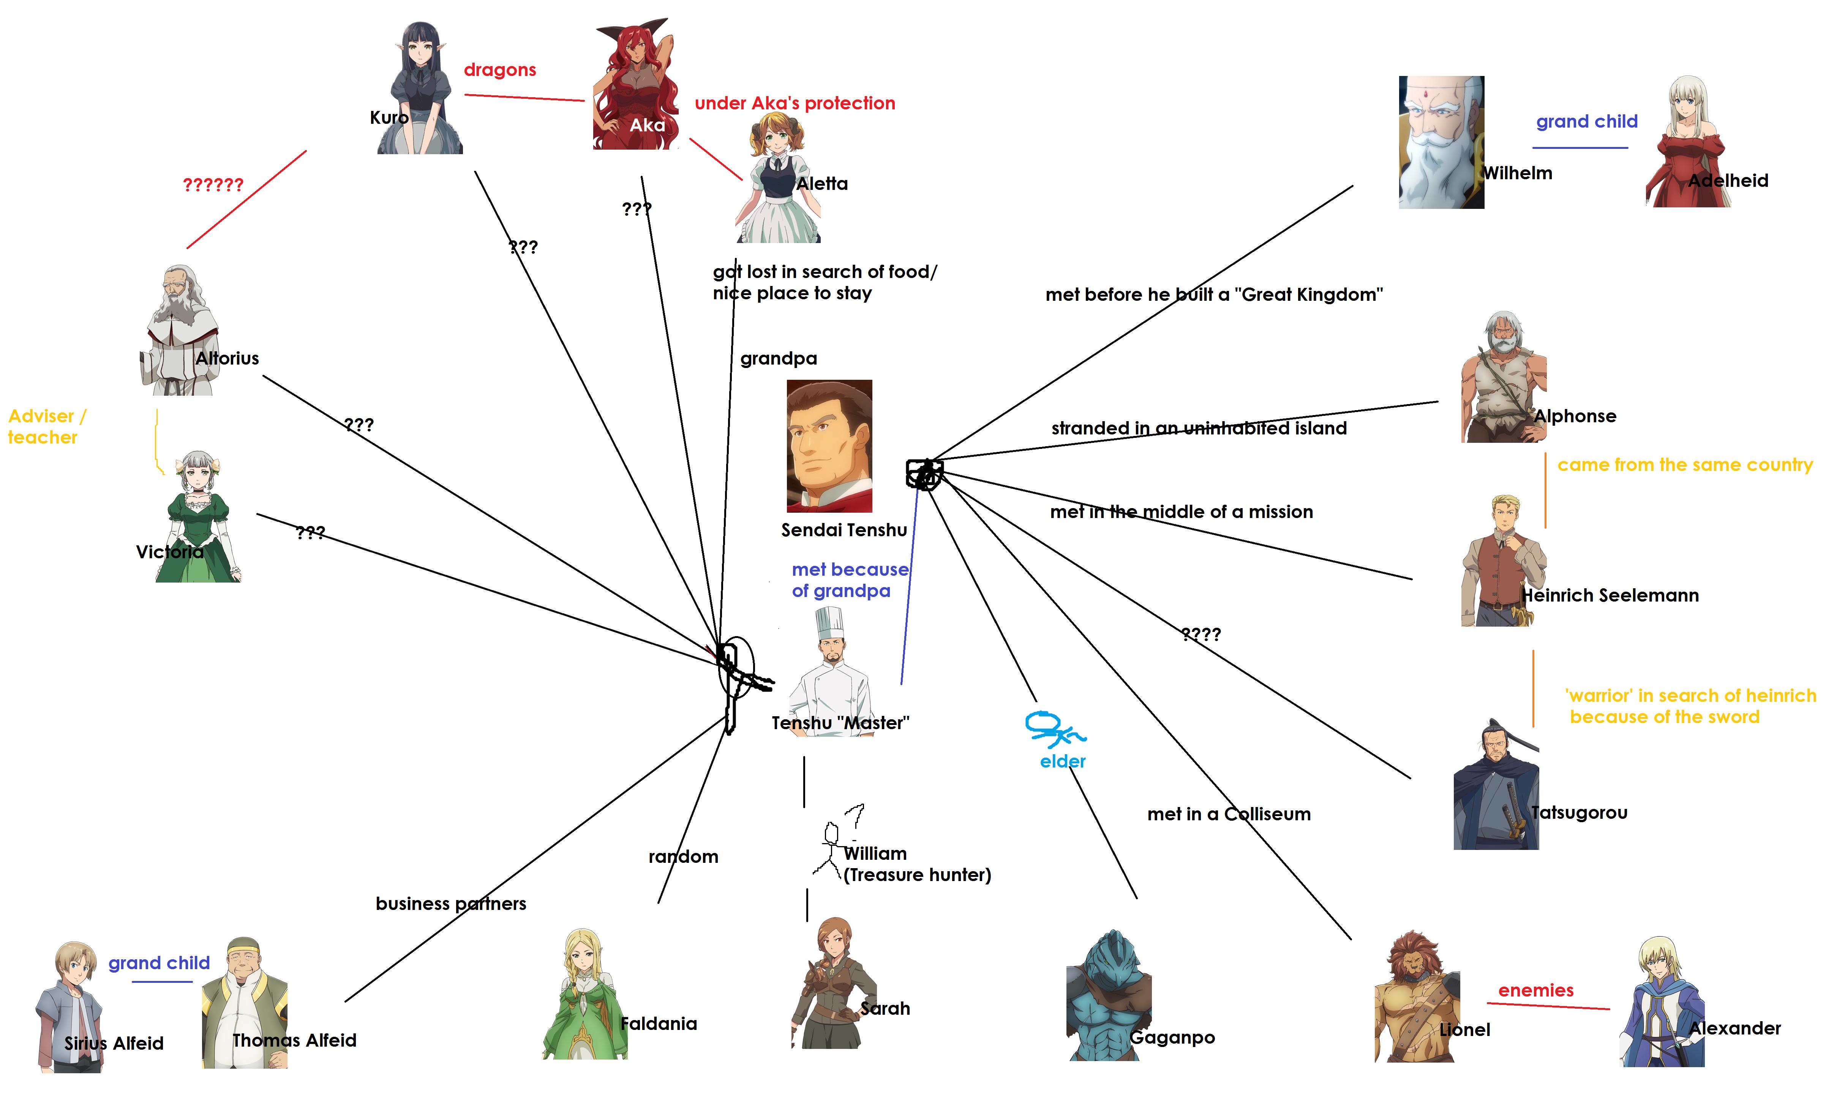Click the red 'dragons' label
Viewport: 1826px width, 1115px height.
pos(499,69)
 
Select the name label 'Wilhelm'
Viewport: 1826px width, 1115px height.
pos(1517,173)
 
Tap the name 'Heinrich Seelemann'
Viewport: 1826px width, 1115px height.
pos(1610,595)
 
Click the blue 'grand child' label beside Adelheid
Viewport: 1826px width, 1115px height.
pos(1587,122)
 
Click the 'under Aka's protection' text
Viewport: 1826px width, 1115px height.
pos(795,103)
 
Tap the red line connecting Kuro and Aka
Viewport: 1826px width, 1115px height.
pos(524,97)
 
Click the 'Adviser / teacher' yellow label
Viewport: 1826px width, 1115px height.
pos(46,427)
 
